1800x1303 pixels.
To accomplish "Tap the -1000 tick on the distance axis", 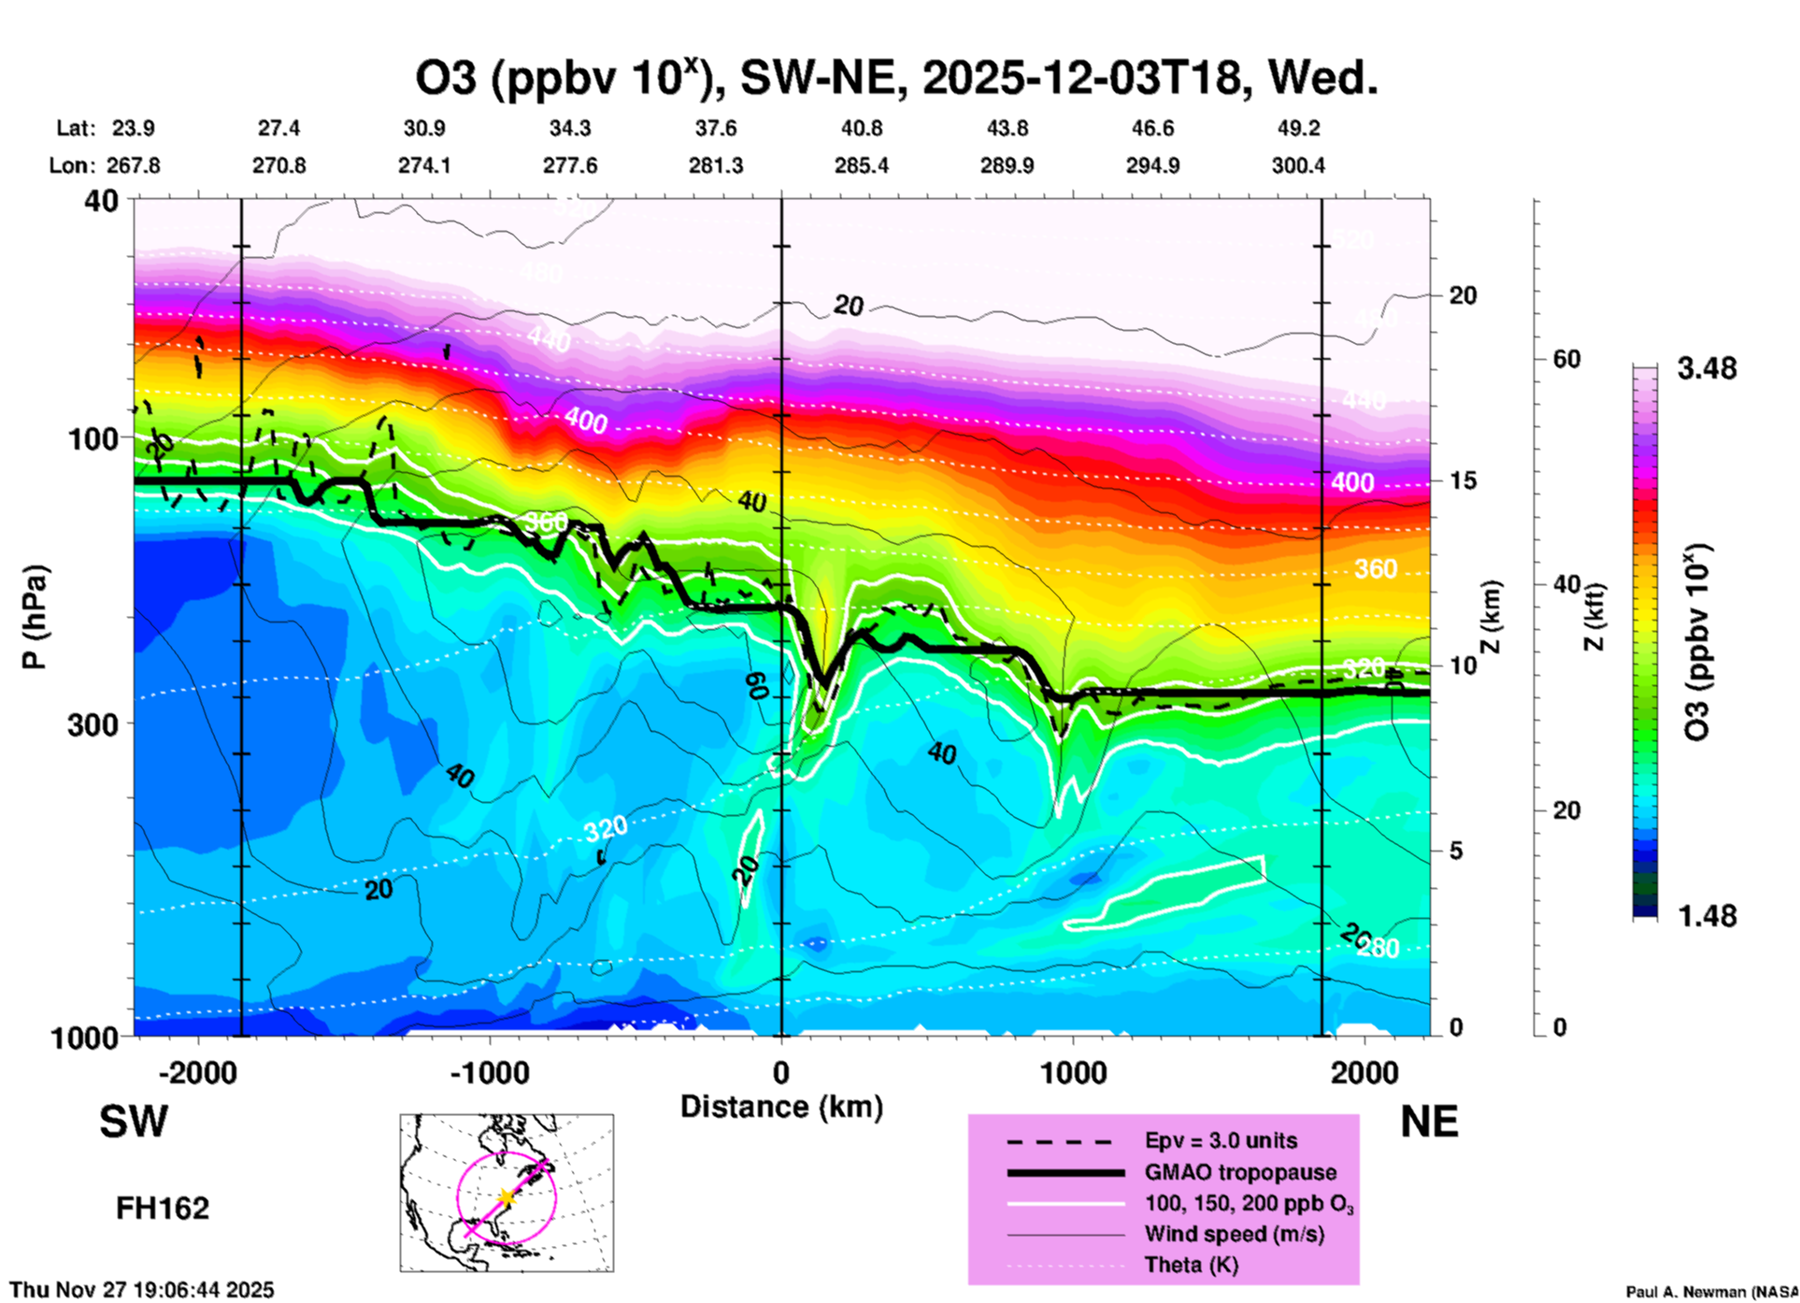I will (490, 1072).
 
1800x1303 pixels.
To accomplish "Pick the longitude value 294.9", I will (1152, 166).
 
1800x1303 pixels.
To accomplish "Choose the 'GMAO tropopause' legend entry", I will (1239, 1173).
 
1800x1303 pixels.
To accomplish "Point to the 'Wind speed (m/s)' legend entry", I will (1234, 1235).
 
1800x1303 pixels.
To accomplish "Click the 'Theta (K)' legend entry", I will (1191, 1266).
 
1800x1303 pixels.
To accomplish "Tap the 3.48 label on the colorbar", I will (1707, 369).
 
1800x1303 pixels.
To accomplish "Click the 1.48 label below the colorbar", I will (1707, 916).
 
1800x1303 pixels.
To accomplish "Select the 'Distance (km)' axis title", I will (781, 1108).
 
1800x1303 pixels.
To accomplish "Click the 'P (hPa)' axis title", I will (35, 617).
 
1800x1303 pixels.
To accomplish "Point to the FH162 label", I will (163, 1209).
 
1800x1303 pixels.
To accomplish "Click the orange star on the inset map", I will (506, 1197).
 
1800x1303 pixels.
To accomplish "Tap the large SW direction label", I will (134, 1122).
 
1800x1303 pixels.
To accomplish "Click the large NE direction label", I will (1429, 1122).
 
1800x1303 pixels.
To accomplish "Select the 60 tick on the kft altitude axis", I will (1566, 360).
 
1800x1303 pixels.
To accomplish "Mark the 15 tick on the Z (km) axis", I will (1463, 480).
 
